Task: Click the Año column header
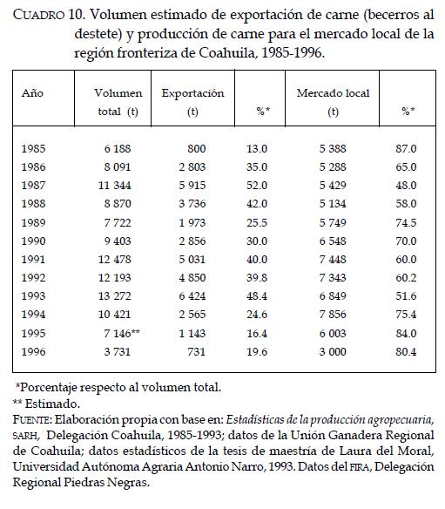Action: pyautogui.click(x=32, y=93)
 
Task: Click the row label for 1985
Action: pyautogui.click(x=33, y=149)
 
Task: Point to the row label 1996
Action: pyautogui.click(x=33, y=352)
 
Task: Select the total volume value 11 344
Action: pyautogui.click(x=114, y=186)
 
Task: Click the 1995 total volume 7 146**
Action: pyautogui.click(x=122, y=334)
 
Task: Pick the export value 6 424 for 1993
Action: pyautogui.click(x=192, y=296)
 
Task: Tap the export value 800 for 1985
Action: pyautogui.click(x=197, y=149)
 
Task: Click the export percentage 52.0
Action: pyautogui.click(x=257, y=186)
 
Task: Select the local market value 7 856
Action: pyautogui.click(x=333, y=315)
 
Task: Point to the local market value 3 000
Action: pyautogui.click(x=333, y=352)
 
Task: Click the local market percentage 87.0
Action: pyautogui.click(x=406, y=149)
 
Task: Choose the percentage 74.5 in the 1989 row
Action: pyautogui.click(x=406, y=223)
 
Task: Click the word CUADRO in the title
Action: pyautogui.click(x=38, y=15)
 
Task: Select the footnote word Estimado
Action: pyautogui.click(x=52, y=404)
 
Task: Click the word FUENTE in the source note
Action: pyautogui.click(x=31, y=420)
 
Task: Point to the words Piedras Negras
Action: pyautogui.click(x=106, y=482)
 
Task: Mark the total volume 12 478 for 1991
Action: pyautogui.click(x=114, y=260)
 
